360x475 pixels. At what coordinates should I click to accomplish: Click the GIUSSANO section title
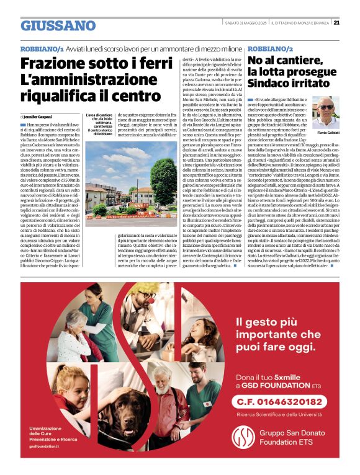coord(58,25)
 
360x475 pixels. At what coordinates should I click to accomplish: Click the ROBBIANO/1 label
coord(42,48)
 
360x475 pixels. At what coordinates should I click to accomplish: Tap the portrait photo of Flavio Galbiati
coord(326,112)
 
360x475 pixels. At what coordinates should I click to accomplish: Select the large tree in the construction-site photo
coord(164,180)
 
